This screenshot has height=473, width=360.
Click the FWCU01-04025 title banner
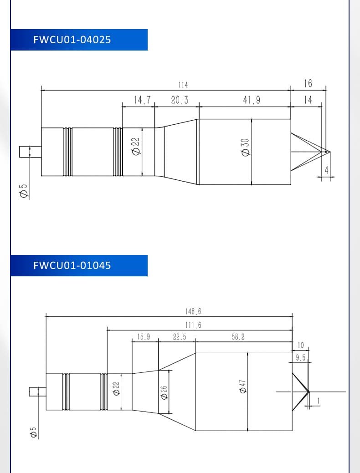pos(79,40)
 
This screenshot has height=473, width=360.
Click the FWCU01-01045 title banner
pos(79,265)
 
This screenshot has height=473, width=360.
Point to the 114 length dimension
pos(183,85)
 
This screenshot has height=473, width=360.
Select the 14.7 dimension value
pos(142,100)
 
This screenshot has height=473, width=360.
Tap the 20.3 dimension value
pos(180,100)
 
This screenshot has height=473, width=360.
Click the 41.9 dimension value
pos(251,100)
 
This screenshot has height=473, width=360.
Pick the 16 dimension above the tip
pos(308,84)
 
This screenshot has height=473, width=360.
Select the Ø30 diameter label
pos(246,147)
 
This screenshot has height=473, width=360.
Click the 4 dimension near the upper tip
pos(326,170)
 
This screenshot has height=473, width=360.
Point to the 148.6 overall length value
pos(193,311)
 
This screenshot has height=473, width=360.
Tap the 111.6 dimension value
pos(193,325)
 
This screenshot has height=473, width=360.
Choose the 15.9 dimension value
pos(144,336)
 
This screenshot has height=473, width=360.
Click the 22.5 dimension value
pos(180,336)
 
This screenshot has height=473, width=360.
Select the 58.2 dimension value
pos(238,336)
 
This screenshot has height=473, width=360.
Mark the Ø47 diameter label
pos(242,387)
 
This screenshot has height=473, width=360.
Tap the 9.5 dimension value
pos(300,358)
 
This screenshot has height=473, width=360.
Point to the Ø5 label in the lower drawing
pos(33,432)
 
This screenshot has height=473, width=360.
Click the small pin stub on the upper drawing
pos(30,152)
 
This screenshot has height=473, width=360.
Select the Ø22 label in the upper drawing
pos(136,147)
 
